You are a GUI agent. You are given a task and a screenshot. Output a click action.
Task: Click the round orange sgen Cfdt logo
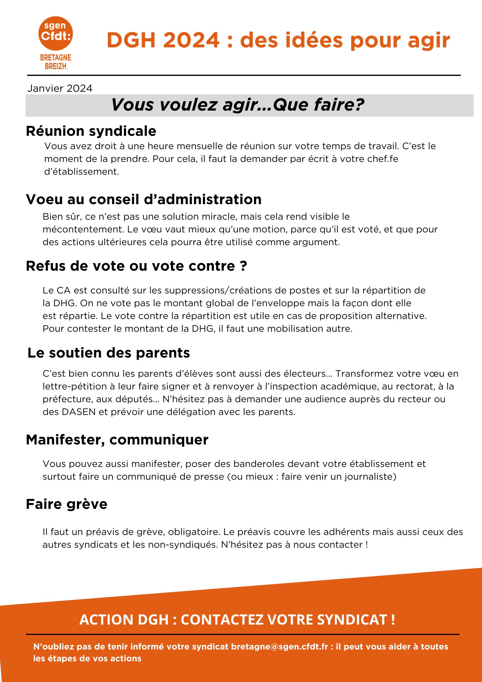pos(56,33)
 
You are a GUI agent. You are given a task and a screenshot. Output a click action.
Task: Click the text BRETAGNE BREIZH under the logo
pos(56,62)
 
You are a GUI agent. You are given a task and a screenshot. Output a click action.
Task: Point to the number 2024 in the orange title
pos(191,40)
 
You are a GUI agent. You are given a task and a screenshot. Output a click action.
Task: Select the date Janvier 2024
pos(60,88)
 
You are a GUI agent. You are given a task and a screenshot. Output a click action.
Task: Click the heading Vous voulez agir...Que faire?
pos(238,105)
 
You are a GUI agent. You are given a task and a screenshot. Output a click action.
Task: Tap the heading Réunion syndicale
pos(91,131)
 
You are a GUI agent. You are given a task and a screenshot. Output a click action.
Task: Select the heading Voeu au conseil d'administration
pos(144,200)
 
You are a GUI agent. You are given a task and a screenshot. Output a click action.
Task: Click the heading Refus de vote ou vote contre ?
pos(136,266)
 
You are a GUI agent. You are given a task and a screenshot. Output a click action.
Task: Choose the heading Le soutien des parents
pos(108,353)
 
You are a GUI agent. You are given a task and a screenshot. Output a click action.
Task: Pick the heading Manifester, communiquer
pos(117,440)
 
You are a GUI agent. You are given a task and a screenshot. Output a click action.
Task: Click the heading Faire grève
pos(67,504)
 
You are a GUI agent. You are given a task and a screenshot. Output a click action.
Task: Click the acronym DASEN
pos(78,412)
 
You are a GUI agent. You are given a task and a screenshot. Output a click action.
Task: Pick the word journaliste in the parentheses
pos(369,477)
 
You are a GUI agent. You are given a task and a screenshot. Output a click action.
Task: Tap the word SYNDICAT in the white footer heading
pos(352,620)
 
